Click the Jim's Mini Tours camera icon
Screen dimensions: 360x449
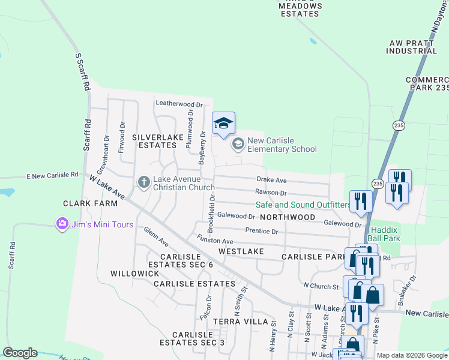tap(62, 224)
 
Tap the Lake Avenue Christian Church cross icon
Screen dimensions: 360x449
tap(143, 181)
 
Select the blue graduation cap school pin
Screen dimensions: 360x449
tap(223, 124)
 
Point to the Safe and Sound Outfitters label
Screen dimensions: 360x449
tap(303, 205)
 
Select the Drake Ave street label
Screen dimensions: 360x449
tap(271, 180)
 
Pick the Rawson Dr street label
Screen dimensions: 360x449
tap(271, 193)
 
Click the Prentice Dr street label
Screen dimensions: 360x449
tap(262, 231)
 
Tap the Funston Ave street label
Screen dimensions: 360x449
tap(215, 241)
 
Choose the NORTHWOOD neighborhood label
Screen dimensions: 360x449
tap(288, 217)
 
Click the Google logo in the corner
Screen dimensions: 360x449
tap(20, 353)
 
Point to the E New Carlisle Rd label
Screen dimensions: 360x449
tap(53, 175)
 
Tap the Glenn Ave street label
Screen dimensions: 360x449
tap(156, 237)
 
